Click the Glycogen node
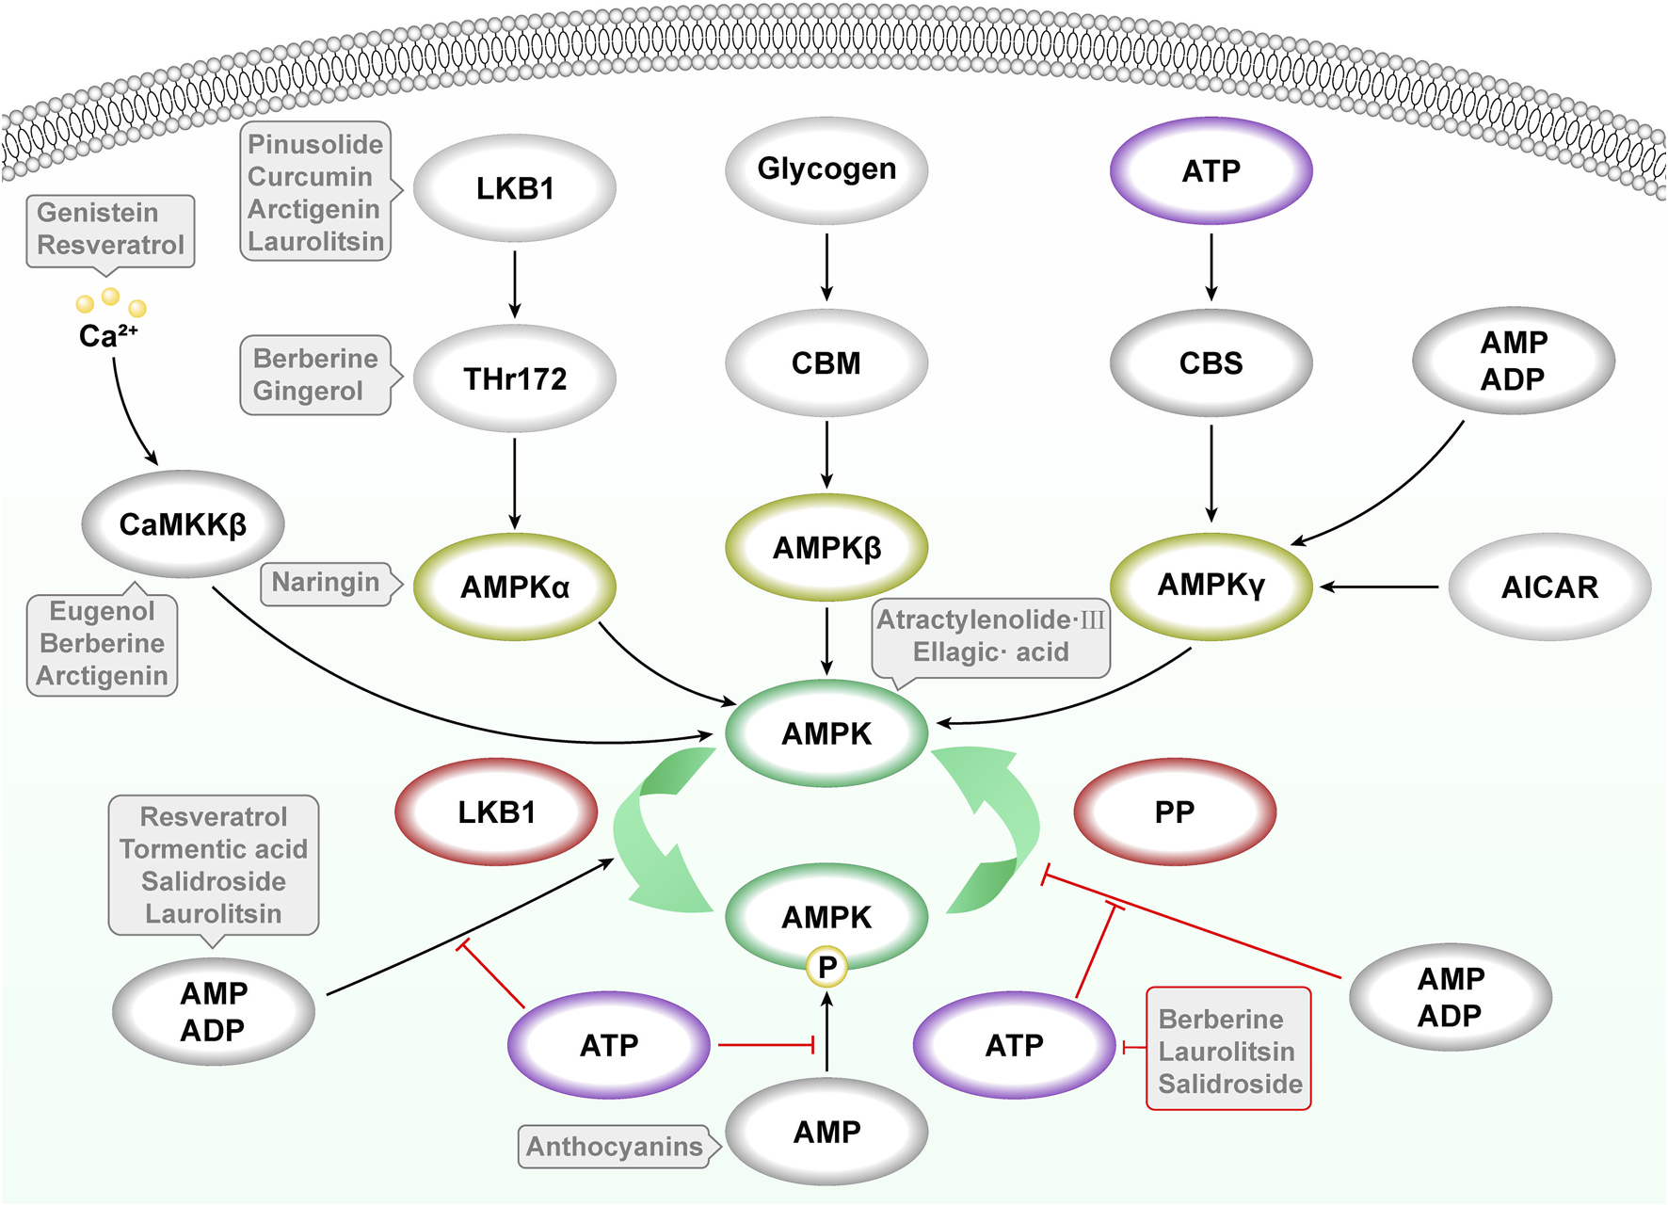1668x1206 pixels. (x=826, y=169)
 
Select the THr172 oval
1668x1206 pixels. (x=515, y=378)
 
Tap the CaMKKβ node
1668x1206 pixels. (x=183, y=524)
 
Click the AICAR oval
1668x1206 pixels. (x=1548, y=587)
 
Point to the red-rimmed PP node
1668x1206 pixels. (x=1174, y=812)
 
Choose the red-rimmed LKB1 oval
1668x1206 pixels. (x=496, y=812)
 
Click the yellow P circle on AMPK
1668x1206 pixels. (x=827, y=967)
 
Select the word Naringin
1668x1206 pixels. (x=325, y=583)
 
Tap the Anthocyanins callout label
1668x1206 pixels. (x=614, y=1147)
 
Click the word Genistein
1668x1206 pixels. (x=97, y=213)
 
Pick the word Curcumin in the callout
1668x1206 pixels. (x=310, y=177)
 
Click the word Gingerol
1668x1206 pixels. (x=308, y=391)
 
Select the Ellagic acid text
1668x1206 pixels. (x=990, y=651)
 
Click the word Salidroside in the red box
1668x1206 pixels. (x=1229, y=1084)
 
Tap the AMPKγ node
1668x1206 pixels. (x=1211, y=586)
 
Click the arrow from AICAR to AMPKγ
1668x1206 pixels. (x=1379, y=587)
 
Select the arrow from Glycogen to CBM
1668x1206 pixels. (x=826, y=267)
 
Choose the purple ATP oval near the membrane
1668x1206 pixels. (x=1211, y=171)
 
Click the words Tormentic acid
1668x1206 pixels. (x=214, y=849)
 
